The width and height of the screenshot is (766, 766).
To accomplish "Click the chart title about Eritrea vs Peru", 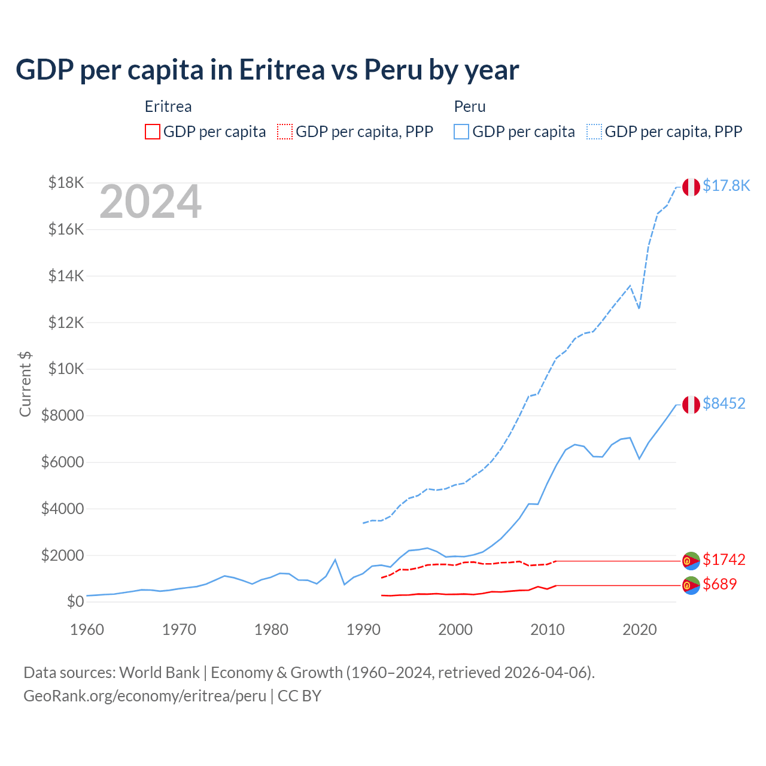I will [x=267, y=70].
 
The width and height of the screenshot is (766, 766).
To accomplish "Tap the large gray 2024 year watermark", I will [x=150, y=202].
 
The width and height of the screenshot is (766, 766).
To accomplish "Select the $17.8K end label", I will [x=726, y=186].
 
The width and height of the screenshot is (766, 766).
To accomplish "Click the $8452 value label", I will [x=724, y=404].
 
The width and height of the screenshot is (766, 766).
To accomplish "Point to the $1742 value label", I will [x=724, y=560].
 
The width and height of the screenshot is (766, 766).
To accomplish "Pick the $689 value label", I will [x=719, y=585].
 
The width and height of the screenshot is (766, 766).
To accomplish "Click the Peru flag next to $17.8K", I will [x=691, y=187].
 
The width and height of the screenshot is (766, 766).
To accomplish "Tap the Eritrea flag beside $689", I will [x=691, y=585].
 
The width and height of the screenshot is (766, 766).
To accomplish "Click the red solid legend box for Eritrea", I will [x=153, y=132].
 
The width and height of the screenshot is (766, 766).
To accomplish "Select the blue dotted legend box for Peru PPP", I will [x=594, y=132].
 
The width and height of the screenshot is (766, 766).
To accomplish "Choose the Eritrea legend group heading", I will [x=168, y=107].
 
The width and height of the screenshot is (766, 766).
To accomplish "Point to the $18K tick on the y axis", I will [x=66, y=183].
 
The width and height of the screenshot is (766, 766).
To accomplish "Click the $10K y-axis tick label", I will [x=66, y=369].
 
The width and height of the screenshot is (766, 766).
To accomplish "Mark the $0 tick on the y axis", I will [x=75, y=601].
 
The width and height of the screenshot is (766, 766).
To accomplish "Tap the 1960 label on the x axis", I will [x=87, y=630].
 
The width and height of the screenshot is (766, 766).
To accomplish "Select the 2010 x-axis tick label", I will [x=548, y=630].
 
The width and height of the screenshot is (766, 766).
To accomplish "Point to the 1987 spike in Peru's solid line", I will [x=335, y=560].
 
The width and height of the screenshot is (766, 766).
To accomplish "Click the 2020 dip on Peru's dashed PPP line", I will [x=639, y=308].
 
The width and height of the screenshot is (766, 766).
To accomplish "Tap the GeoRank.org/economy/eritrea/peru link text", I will [x=145, y=696].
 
